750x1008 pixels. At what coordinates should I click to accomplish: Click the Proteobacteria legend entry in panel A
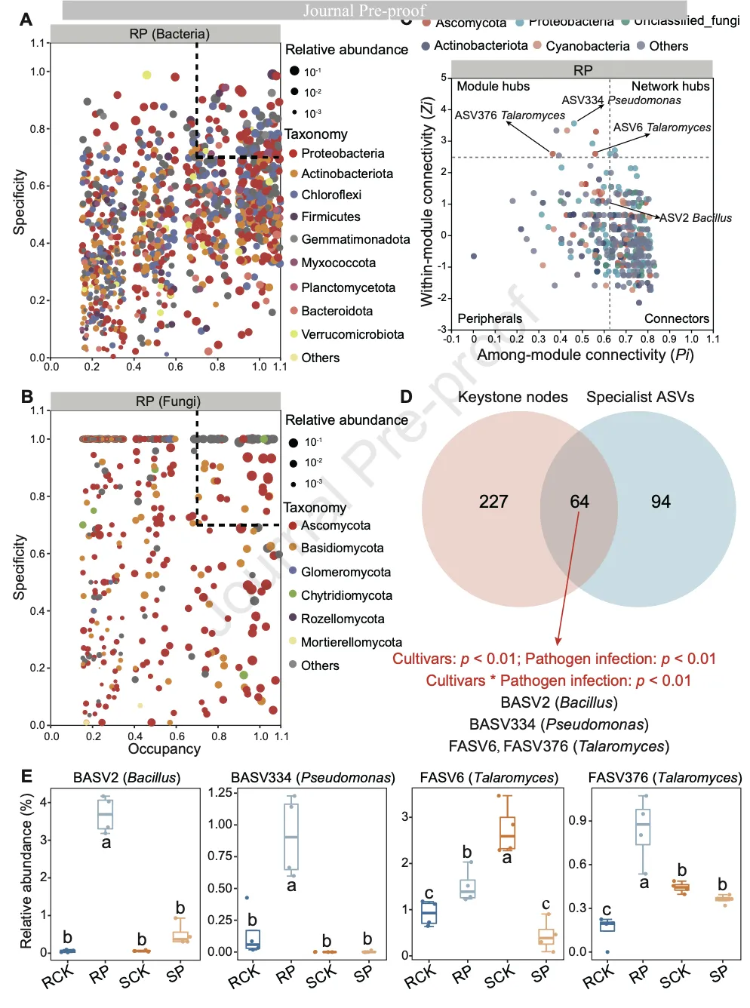[x=342, y=153]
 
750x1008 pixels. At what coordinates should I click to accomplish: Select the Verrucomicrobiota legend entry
[x=352, y=334]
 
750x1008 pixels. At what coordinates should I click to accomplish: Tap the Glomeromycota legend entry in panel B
[x=345, y=572]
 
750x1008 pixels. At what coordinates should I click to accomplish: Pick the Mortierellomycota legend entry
[x=351, y=642]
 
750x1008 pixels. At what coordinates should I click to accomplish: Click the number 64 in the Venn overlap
[x=579, y=502]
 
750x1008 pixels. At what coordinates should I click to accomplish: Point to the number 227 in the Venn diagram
[x=493, y=502]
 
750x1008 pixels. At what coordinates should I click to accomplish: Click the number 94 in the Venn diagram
[x=661, y=502]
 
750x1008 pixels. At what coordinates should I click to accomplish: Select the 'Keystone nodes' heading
[x=512, y=397]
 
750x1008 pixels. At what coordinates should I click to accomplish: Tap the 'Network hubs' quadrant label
[x=670, y=87]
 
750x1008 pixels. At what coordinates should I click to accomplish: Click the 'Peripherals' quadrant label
[x=490, y=318]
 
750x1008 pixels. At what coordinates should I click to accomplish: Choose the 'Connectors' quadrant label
[x=676, y=318]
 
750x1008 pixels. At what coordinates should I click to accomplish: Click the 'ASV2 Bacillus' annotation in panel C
[x=696, y=218]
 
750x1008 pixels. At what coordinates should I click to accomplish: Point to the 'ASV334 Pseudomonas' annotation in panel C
[x=621, y=100]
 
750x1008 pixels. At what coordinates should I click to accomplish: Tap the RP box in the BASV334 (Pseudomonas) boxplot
[x=291, y=836]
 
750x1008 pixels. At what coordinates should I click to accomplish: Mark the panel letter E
[x=27, y=776]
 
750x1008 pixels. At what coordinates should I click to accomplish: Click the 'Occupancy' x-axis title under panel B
[x=164, y=748]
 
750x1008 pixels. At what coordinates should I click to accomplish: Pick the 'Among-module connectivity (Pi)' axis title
[x=585, y=355]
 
